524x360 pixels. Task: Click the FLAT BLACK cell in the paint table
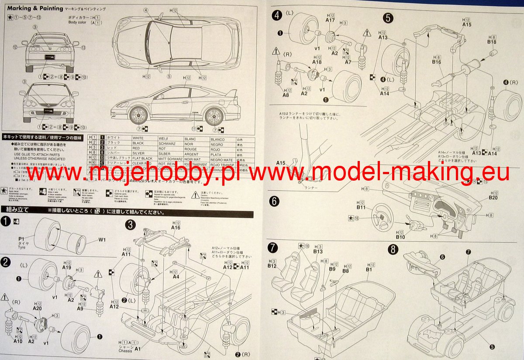point(143,159)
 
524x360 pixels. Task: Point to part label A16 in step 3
point(176,227)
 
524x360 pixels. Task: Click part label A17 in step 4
point(330,20)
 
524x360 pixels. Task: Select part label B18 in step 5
point(492,42)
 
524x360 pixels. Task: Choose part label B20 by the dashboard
point(493,197)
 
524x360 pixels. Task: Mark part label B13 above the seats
point(318,251)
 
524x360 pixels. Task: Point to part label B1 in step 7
point(369,269)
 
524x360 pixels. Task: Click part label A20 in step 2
point(37,309)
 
